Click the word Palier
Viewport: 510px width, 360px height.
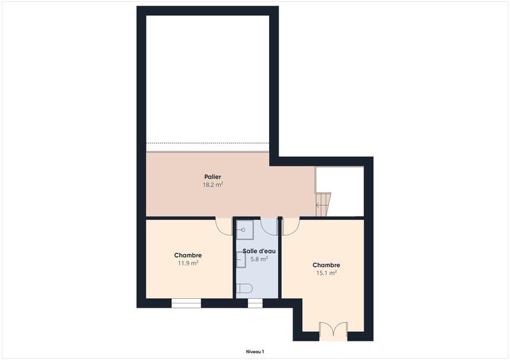(213, 176)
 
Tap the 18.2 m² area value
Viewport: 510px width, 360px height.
(213, 185)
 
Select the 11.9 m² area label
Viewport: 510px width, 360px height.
(188, 263)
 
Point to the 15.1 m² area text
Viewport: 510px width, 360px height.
(326, 273)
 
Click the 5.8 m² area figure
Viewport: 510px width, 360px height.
(259, 259)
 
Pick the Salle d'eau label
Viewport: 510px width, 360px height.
(259, 251)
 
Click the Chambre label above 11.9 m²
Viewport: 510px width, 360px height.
(188, 255)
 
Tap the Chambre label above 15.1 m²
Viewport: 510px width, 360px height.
(326, 265)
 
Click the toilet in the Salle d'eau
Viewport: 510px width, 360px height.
(244, 289)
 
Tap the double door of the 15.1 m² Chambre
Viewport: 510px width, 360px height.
(333, 330)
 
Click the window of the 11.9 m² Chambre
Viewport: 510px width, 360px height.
(186, 303)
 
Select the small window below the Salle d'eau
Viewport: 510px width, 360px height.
(255, 303)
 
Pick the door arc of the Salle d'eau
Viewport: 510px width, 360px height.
(269, 227)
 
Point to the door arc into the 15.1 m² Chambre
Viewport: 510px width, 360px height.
(291, 227)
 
